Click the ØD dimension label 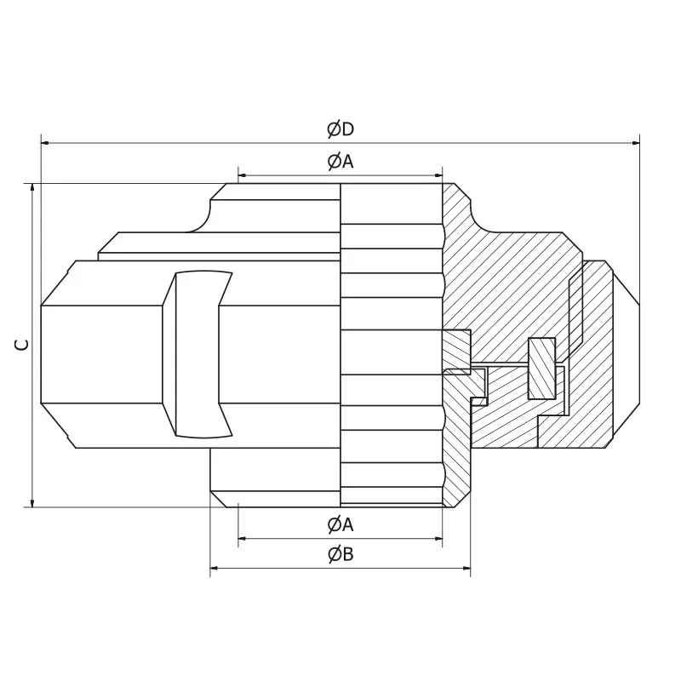340,129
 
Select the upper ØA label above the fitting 340,162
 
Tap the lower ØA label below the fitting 340,525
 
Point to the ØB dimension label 340,555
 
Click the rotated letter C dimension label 23,345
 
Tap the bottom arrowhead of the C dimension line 32,502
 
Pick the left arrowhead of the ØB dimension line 215,568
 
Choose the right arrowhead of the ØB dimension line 466,568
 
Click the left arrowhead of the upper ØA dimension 243,175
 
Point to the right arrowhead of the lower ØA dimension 438,538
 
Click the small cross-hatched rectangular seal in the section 541,368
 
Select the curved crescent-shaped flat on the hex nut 203,354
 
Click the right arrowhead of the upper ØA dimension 438,175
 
